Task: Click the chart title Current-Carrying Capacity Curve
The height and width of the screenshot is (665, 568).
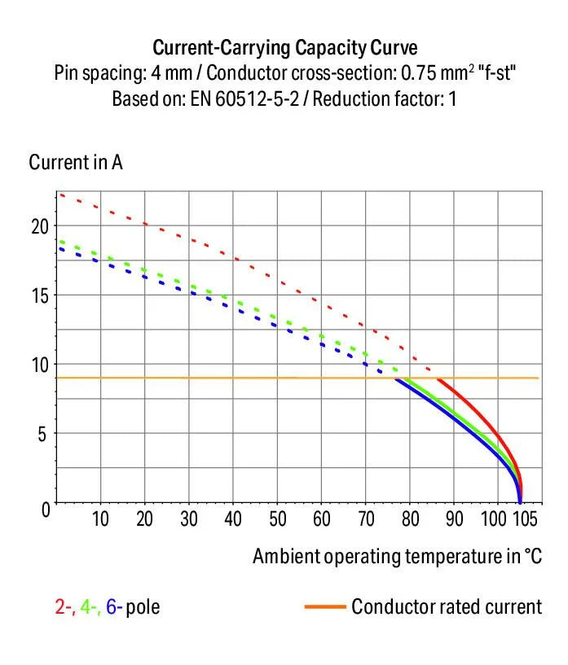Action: (284, 46)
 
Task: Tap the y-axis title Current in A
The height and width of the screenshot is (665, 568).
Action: (76, 162)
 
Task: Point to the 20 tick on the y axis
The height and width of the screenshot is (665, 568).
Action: (38, 225)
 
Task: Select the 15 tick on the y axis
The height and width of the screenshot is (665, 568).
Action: (38, 295)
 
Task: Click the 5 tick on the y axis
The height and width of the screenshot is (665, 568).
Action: (42, 433)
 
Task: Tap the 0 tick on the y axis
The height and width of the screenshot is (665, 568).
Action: (42, 507)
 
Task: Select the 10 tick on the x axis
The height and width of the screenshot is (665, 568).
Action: (100, 519)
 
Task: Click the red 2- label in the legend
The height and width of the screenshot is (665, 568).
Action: (64, 607)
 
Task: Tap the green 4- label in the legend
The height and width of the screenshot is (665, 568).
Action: (89, 607)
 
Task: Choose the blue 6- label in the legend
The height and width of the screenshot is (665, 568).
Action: (115, 607)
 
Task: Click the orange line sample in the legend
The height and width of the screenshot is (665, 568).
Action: (324, 607)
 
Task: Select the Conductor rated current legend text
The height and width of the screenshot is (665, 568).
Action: (446, 607)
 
